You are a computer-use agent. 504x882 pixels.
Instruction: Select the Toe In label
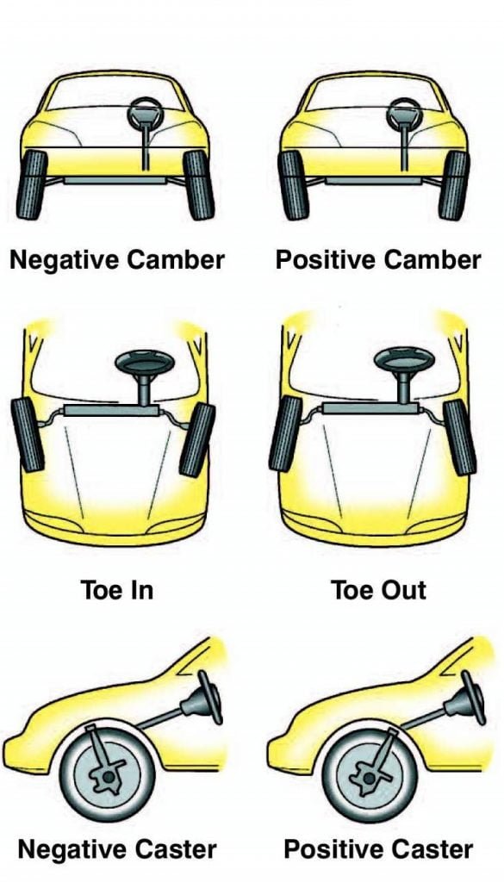(x=116, y=590)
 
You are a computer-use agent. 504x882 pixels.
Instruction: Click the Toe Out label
(x=379, y=590)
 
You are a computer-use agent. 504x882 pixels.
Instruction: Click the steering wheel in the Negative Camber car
(x=142, y=112)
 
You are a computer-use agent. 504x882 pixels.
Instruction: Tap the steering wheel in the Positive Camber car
(x=401, y=112)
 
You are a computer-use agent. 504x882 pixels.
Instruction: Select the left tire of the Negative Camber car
(x=33, y=183)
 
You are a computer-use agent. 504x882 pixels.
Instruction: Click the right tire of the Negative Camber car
(x=199, y=183)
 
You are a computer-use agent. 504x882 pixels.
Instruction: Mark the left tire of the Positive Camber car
(x=289, y=183)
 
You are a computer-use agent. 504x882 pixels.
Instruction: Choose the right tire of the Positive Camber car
(x=453, y=183)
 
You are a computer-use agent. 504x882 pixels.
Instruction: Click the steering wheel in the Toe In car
(x=142, y=361)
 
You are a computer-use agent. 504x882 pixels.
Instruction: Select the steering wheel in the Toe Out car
(x=402, y=361)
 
